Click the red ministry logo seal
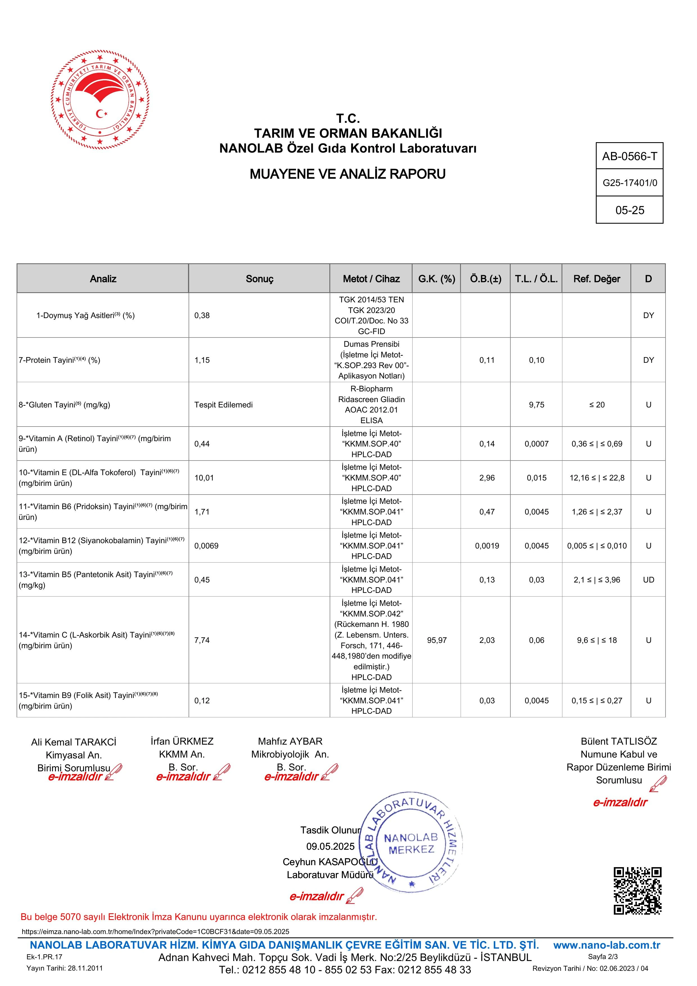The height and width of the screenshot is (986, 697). (x=100, y=100)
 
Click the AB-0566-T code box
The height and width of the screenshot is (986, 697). (x=629, y=156)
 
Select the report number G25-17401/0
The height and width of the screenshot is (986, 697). (x=630, y=183)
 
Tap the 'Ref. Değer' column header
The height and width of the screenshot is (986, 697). (x=596, y=279)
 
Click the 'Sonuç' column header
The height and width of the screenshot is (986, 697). (x=259, y=279)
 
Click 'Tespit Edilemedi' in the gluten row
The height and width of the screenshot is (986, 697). (x=223, y=405)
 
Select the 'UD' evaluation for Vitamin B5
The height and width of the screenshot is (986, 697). (x=648, y=580)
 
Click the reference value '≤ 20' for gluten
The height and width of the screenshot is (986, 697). (x=596, y=405)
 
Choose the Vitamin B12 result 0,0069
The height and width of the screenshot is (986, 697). (x=206, y=546)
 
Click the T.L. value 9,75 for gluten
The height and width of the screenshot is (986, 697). (x=537, y=405)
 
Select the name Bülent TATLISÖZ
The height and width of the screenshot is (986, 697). (x=618, y=742)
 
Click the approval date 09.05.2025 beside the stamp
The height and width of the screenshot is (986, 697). (x=330, y=846)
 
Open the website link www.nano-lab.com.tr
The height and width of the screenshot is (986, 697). (x=607, y=945)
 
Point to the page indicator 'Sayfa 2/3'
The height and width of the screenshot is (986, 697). (x=603, y=957)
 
